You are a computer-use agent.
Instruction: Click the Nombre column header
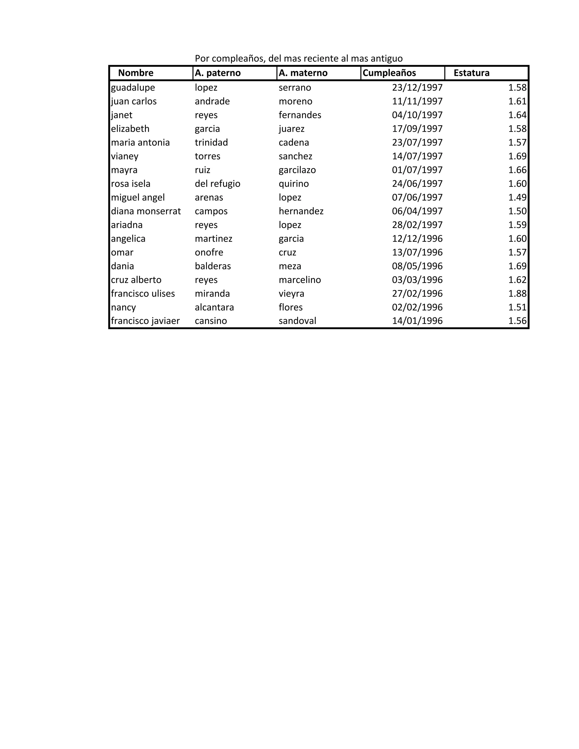coord(135,73)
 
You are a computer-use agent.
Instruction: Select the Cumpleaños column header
coord(389,73)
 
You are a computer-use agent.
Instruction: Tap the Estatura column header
coord(471,73)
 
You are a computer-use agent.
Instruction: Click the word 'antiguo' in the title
coord(386,59)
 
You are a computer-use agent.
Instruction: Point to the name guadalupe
coord(133,88)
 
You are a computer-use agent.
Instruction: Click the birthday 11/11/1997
coord(417,101)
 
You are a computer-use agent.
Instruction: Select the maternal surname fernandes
coord(300,115)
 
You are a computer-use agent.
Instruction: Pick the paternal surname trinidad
coord(211,143)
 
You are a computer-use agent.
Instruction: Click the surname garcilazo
coord(297,170)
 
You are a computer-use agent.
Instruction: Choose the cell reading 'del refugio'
coord(217,184)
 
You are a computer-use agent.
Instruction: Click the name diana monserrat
coord(146,211)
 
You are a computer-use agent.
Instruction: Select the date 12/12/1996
coord(417,239)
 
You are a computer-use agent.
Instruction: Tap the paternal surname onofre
coord(209,252)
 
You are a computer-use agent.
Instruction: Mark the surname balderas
coord(213,266)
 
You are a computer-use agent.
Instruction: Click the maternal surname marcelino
coord(300,280)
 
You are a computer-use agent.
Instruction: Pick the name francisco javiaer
coord(145,321)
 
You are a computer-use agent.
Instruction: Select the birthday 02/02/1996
coord(417,307)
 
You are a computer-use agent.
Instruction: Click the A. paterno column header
coord(217,73)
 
